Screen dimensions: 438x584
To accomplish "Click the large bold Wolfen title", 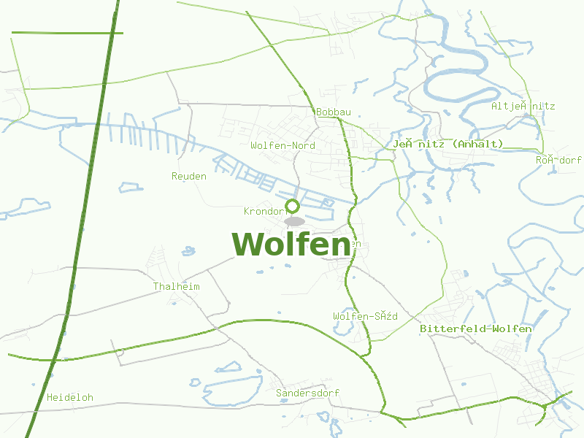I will pyautogui.click(x=291, y=244).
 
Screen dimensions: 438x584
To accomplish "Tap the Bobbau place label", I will pyautogui.click(x=334, y=112).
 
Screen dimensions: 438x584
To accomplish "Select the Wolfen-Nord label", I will pyautogui.click(x=283, y=146).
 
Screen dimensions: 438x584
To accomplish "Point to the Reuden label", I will pyautogui.click(x=189, y=177).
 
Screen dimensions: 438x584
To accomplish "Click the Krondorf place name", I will pyautogui.click(x=264, y=212).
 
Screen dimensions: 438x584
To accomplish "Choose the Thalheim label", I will pyautogui.click(x=177, y=287).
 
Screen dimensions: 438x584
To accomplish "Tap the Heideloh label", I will pyautogui.click(x=70, y=398).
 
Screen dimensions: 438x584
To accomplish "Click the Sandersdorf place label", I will pyautogui.click(x=307, y=393).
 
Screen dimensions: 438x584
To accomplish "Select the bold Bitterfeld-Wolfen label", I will pyautogui.click(x=476, y=329).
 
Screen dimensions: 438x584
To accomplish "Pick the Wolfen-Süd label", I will pyautogui.click(x=365, y=316).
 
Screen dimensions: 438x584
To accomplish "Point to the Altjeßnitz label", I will pyautogui.click(x=523, y=107).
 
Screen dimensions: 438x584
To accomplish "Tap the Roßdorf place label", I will pyautogui.click(x=558, y=160).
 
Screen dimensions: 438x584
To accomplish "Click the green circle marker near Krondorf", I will pyautogui.click(x=293, y=205).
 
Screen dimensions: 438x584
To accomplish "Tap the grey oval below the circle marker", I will pyautogui.click(x=294, y=221).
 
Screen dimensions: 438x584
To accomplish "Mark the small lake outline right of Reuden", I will pyautogui.click(x=131, y=187).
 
